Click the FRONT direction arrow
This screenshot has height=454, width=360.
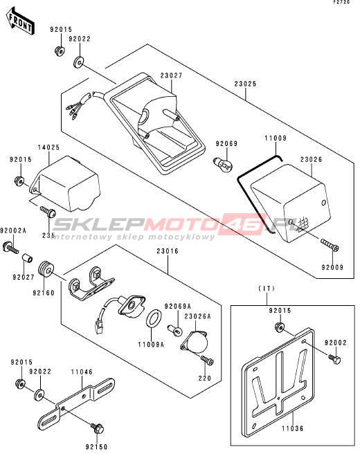pos(21,21)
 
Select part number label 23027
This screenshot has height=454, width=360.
pos(172,76)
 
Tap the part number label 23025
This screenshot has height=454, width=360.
pos(245,84)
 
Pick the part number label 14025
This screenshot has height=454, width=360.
pos(48,147)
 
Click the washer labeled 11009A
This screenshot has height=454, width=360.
pos(153,318)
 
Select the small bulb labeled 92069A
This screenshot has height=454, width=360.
pos(174,329)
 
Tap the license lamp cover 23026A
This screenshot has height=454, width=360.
pos(195,342)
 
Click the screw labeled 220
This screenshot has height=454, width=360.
pos(207,360)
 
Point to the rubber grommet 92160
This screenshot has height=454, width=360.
pos(46,270)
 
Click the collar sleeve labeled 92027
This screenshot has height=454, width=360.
pos(28,258)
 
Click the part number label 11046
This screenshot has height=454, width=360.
pos(82,372)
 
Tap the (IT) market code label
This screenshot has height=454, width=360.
pos(267,289)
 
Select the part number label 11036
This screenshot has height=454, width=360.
pos(293,428)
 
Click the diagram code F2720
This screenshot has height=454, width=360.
pos(341,2)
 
